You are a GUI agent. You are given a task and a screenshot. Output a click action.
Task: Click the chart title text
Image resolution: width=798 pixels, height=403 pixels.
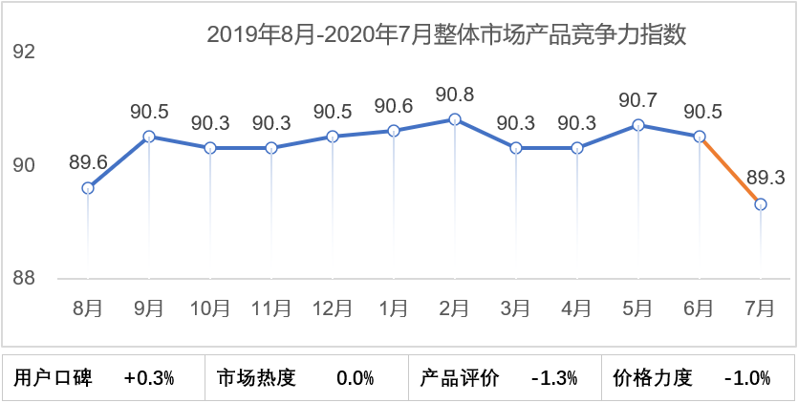[447, 35]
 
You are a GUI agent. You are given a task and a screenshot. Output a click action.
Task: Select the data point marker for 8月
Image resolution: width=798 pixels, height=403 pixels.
[88, 188]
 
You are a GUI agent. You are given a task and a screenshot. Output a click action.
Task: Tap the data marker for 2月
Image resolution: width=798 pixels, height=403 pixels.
[455, 119]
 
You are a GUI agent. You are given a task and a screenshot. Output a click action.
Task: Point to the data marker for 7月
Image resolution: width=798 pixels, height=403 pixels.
[761, 204]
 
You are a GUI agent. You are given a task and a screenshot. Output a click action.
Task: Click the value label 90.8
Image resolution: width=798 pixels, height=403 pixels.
[454, 95]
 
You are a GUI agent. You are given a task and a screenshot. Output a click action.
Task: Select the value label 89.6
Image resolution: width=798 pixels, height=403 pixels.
[88, 163]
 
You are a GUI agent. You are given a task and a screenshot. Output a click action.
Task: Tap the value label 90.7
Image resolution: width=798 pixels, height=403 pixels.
[637, 100]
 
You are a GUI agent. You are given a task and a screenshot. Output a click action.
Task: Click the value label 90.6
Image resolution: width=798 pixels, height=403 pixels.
[394, 106]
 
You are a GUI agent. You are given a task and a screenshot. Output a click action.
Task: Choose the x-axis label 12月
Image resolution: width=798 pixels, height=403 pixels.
[333, 308]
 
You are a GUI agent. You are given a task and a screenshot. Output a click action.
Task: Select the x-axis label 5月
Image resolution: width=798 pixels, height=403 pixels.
[637, 308]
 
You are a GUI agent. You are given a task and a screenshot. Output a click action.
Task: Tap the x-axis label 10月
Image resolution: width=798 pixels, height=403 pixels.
[210, 308]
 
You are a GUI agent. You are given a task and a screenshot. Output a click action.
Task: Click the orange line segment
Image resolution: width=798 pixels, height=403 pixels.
[730, 170]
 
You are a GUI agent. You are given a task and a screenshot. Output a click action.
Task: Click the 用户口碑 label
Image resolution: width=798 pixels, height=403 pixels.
[54, 378]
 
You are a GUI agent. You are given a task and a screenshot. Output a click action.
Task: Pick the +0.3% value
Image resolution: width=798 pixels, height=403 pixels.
[150, 378]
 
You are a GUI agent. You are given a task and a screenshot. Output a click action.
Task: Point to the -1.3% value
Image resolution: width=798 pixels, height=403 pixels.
[554, 378]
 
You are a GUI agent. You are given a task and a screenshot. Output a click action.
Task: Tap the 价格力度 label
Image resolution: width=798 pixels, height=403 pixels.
[652, 378]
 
